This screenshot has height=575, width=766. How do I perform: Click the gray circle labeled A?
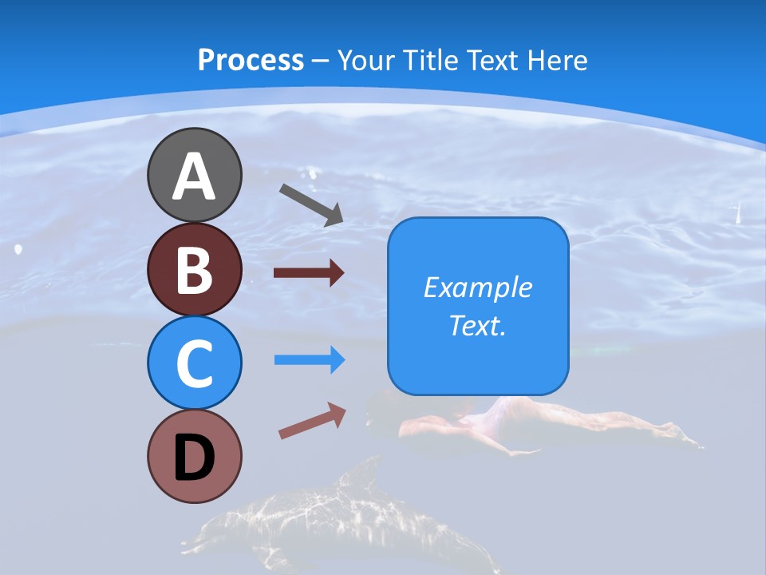tap(194, 175)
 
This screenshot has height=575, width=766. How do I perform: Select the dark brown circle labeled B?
tap(194, 269)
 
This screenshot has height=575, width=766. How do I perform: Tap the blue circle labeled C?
tap(194, 363)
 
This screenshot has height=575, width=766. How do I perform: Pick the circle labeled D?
tap(194, 456)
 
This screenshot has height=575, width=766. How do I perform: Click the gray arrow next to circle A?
tap(311, 204)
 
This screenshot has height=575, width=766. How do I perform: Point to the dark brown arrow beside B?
tap(309, 273)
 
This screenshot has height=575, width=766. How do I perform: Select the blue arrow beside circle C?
tap(310, 360)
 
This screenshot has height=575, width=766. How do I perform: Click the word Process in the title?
tap(251, 61)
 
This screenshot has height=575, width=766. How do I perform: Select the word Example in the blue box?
tap(477, 287)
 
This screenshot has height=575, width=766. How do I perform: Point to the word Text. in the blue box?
tap(477, 325)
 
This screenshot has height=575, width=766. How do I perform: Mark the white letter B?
tap(194, 270)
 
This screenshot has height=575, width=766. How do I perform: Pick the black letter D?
tap(194, 458)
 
